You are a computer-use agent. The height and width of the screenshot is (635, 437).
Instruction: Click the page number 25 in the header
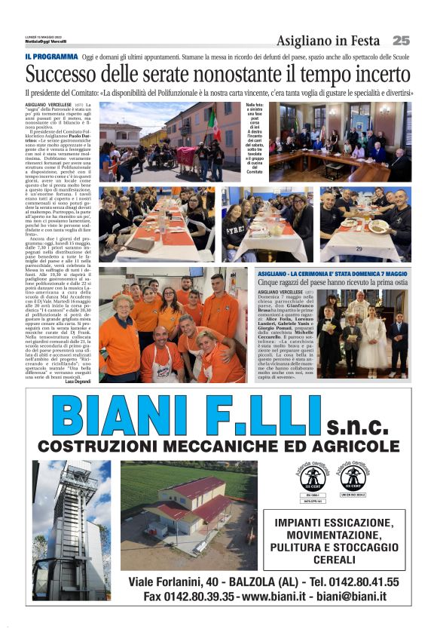coord(401,40)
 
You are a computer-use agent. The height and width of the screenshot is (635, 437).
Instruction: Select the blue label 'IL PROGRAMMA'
coord(51,57)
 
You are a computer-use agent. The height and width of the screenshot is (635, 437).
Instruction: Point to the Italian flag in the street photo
coord(215,124)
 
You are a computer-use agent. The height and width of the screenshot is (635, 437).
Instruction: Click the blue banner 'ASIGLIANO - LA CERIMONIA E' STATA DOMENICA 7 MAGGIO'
coord(343,273)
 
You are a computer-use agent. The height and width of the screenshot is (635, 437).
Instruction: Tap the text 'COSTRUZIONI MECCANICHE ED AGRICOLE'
coord(218,447)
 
